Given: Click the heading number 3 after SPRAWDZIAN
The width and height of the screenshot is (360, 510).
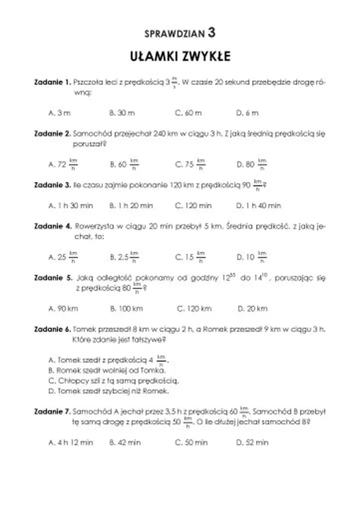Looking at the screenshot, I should tap(212, 33).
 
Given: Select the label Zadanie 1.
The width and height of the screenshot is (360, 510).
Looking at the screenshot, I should tap(52, 81).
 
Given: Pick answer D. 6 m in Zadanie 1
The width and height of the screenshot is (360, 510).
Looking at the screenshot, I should tap(247, 113).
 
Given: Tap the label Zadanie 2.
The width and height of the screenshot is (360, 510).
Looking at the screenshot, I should tap(52, 133).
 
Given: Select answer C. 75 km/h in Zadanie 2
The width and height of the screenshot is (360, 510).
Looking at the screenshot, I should tap(190, 164).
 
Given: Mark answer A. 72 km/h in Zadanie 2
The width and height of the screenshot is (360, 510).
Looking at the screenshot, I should tap(63, 164).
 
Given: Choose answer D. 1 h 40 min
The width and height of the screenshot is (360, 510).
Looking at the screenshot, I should tap(258, 205).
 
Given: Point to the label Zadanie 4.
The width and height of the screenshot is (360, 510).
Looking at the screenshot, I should tap(52, 226).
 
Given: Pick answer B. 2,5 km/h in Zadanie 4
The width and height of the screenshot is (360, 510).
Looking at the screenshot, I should tap(124, 257).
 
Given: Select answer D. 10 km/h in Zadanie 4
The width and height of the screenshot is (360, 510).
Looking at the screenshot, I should tap(252, 257).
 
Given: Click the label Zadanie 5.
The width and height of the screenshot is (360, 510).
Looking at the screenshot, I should tap(52, 278).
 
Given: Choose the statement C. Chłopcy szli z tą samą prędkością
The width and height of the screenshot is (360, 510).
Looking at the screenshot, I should tap(113, 380).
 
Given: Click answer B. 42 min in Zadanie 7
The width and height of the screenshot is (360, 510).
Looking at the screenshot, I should tap(125, 442).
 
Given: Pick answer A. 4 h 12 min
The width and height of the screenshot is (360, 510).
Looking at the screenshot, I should tap(71, 442).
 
